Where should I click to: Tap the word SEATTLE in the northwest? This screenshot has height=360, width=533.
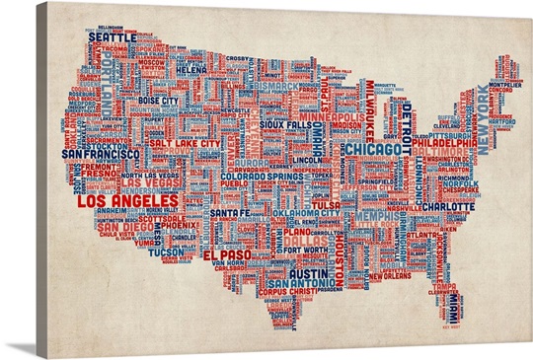click(113, 37)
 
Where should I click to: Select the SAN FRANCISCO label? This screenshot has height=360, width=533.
click(100, 155)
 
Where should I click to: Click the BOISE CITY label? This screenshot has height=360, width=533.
click(157, 101)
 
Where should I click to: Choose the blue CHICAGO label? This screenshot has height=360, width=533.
click(372, 149)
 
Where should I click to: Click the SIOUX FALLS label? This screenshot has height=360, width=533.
click(293, 126)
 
